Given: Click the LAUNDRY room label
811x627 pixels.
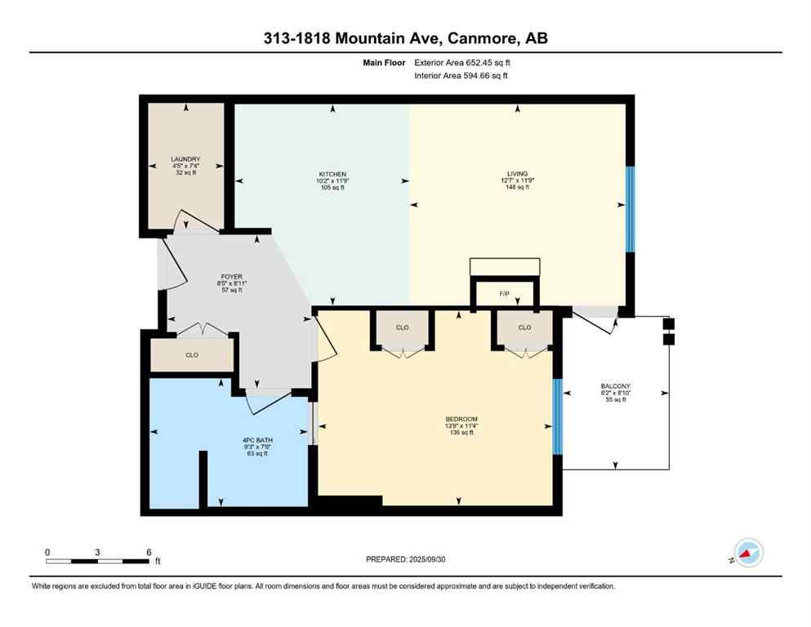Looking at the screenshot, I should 185,159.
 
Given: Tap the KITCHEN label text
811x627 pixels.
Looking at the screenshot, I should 332,174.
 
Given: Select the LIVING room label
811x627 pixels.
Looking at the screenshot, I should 517,173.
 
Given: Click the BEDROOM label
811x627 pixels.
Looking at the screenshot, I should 461,419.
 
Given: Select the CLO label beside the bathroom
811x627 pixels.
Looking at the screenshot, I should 192,355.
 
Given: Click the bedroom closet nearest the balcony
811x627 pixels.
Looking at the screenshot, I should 524,327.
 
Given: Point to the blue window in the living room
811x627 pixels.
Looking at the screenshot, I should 630,209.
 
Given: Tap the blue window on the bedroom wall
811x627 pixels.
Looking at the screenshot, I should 558,416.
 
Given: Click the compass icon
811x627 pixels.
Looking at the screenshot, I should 748,553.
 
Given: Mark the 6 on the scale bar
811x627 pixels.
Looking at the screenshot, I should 149,552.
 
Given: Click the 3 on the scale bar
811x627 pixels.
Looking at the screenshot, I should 97,552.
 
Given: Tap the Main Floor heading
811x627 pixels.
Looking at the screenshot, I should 385,62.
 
